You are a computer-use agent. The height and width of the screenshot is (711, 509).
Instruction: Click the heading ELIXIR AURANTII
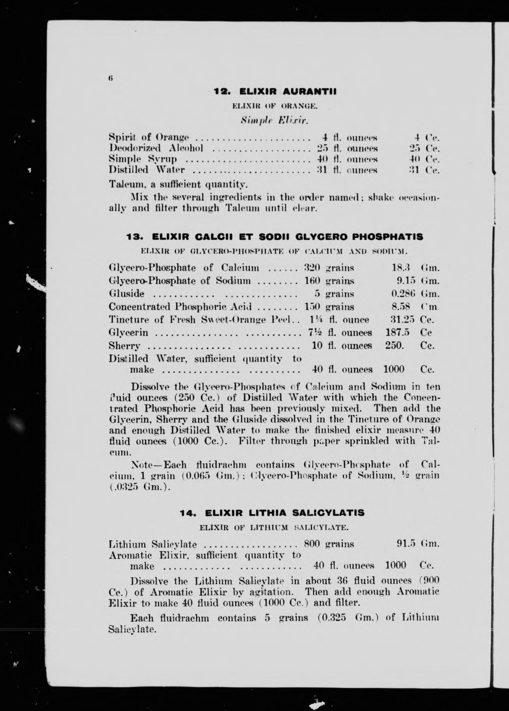pos(288,92)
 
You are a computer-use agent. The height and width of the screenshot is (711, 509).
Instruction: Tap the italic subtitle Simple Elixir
pos(275,121)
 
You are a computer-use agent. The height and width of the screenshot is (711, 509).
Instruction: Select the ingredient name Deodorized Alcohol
pos(156,148)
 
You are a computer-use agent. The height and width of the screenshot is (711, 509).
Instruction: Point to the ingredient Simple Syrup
pos(143,159)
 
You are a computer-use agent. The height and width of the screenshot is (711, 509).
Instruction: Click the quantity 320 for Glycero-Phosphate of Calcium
pos(312,268)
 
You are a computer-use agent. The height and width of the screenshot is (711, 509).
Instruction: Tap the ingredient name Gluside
pos(127,293)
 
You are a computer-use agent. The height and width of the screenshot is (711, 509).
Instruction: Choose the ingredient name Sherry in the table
pos(124,346)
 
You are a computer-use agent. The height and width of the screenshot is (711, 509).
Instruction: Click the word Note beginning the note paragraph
pos(141,464)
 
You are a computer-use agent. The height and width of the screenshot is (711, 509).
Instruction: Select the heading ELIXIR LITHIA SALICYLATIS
pos(285,513)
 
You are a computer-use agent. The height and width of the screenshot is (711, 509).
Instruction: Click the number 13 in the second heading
pos(133,237)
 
